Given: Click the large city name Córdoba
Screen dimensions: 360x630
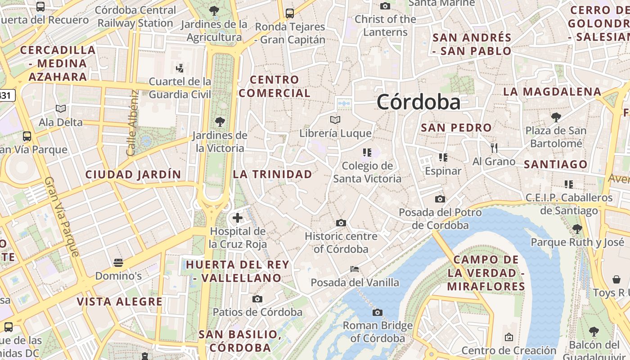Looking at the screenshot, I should point(418,102).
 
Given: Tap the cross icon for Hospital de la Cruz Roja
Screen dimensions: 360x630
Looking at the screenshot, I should point(237,218).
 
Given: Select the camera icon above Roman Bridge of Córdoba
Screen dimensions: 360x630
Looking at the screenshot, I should point(378,312).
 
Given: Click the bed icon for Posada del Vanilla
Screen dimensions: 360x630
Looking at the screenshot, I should point(355,269).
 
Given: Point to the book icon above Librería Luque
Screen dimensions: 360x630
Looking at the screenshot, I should point(335,120).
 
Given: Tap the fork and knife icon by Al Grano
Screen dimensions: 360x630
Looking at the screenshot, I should point(494,148).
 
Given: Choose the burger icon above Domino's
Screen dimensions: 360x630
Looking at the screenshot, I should point(118,262).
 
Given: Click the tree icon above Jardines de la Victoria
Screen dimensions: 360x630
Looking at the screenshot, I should point(220,121).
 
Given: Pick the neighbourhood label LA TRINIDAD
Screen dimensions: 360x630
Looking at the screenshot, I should point(272,174).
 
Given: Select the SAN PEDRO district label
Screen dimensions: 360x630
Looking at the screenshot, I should point(456,128).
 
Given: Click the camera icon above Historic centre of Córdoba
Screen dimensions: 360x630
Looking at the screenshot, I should point(341,223).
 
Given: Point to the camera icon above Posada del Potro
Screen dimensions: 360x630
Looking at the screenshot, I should point(440,199).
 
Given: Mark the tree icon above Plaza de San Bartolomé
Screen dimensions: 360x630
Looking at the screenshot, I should point(556,117).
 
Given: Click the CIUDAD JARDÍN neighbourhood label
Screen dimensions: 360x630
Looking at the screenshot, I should point(133,175).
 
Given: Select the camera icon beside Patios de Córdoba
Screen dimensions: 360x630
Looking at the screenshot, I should point(257,299).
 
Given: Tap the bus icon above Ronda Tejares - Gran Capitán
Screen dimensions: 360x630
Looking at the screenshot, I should point(289,13).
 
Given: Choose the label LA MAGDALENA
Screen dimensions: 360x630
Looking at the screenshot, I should point(552,92).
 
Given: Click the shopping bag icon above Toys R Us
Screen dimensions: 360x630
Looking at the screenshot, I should point(616,279).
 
